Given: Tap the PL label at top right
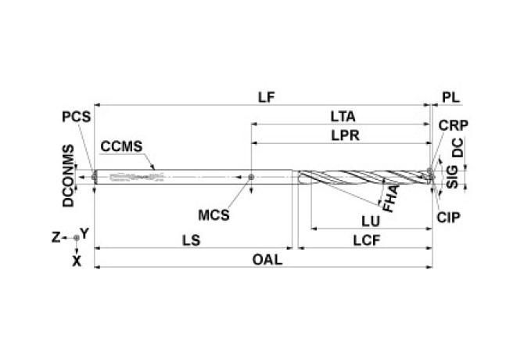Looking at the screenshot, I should coord(451,97).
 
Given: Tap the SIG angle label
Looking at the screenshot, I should coord(453,175).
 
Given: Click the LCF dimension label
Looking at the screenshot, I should coord(364,241).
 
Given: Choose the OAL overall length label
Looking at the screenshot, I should coord(267,259).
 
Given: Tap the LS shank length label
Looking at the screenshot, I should coord(190,241).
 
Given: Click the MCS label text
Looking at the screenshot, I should coord(214,213).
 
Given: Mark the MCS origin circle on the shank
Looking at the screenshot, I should coord(251,177).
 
